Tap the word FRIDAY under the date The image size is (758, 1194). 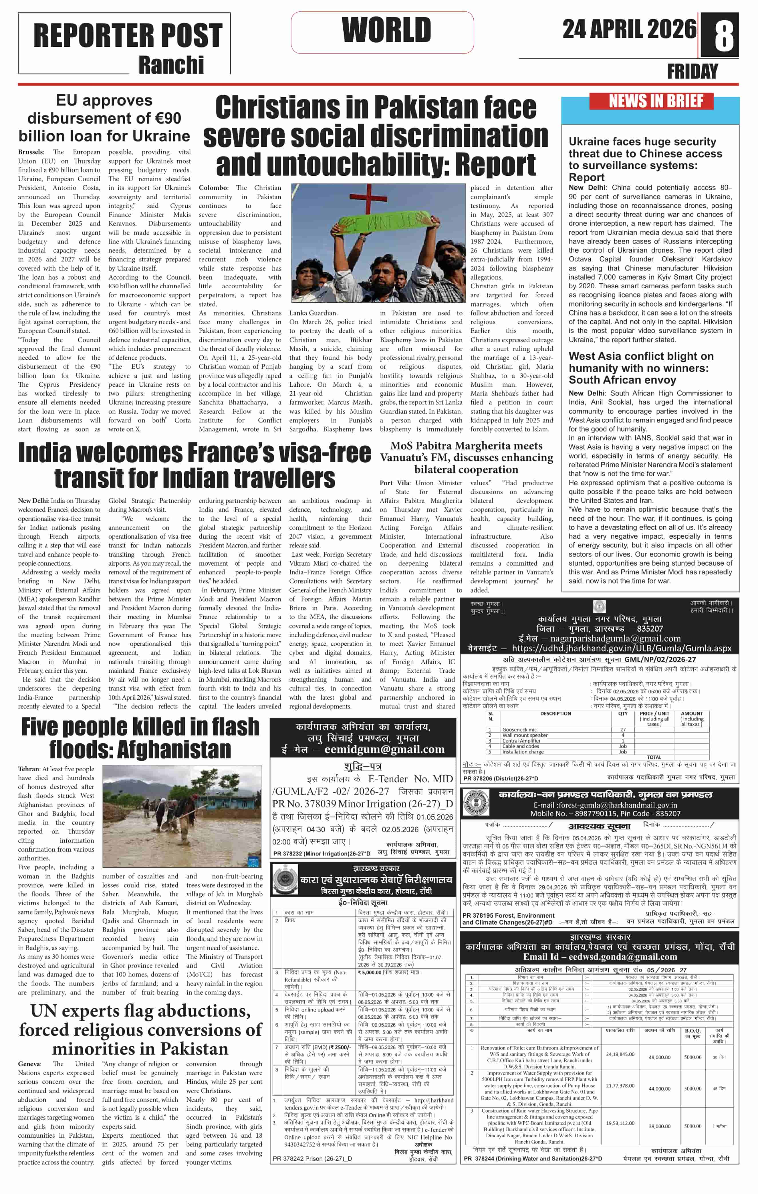point(692,72)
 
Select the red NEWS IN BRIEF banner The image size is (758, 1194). point(651,101)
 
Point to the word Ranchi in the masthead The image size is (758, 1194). point(171,65)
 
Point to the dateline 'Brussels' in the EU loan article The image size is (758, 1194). point(30,152)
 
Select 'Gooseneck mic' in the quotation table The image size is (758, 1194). point(519,729)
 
